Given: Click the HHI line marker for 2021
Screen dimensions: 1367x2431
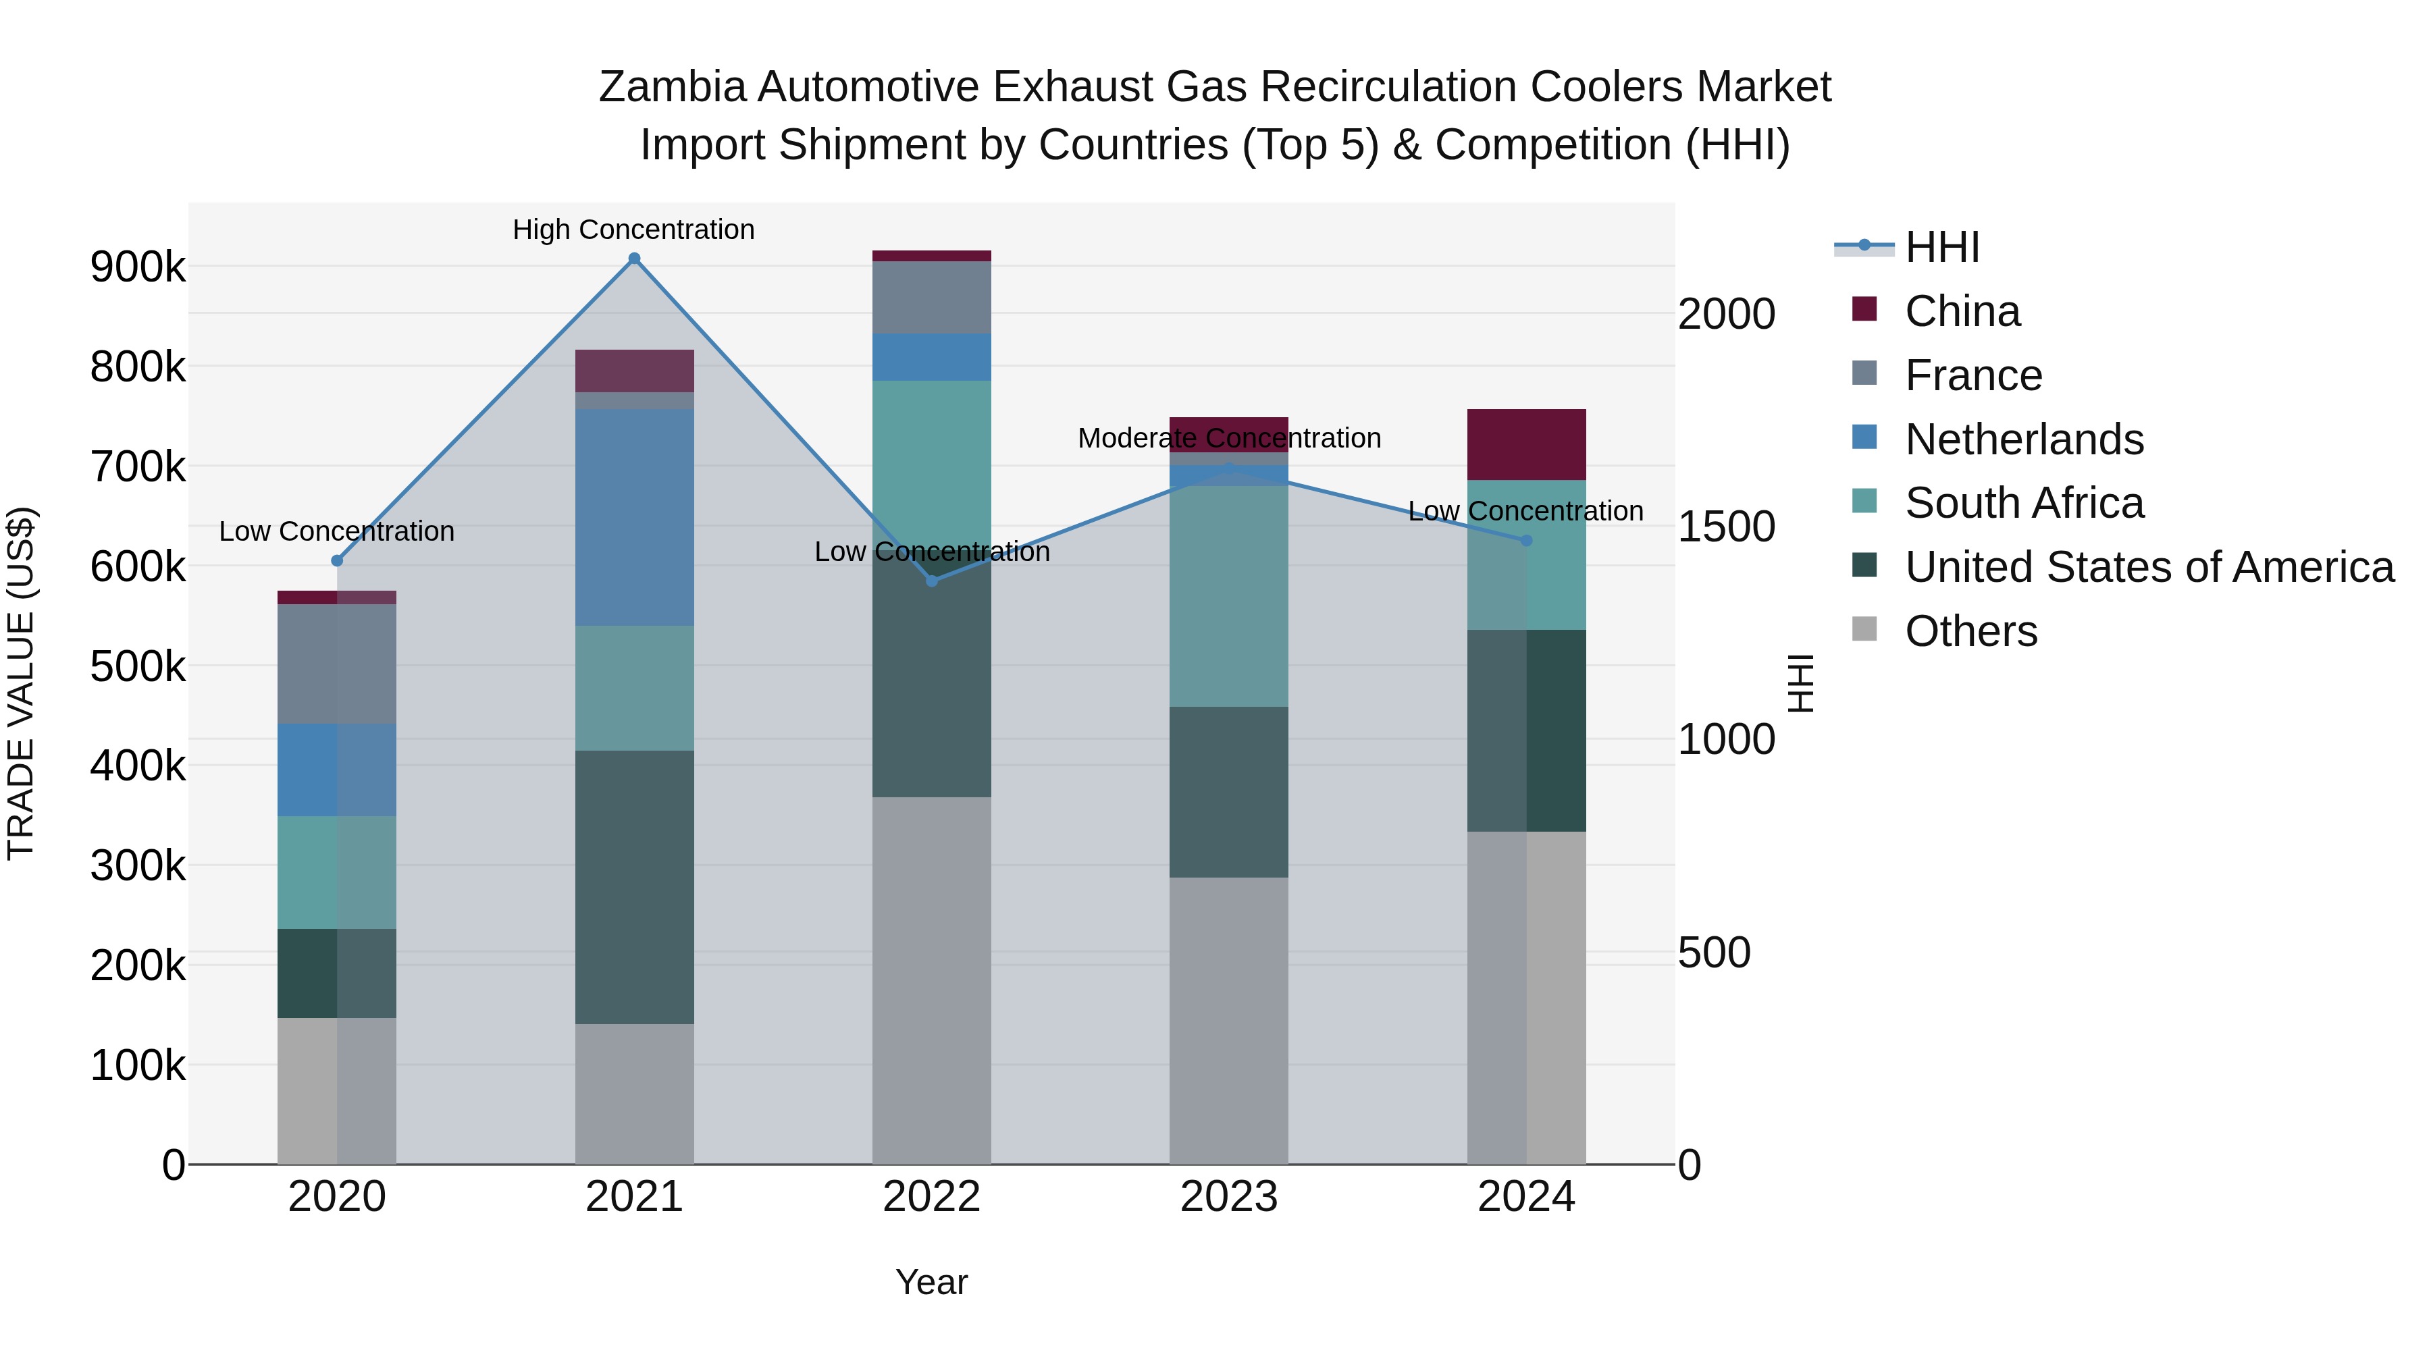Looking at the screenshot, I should (x=634, y=259).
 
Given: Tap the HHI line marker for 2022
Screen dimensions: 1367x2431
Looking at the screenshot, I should (x=931, y=580).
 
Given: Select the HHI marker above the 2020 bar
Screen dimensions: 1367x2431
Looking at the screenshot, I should (x=337, y=560).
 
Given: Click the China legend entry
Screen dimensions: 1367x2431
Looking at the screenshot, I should (x=1962, y=311).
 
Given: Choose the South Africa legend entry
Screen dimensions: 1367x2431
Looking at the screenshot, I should (x=2023, y=503).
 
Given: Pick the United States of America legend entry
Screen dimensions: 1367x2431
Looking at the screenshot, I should (x=2148, y=567).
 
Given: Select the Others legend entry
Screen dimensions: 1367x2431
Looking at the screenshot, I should (x=1970, y=631).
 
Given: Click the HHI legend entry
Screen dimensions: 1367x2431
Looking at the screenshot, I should (x=1942, y=247).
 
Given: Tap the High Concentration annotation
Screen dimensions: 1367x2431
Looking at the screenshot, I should (x=633, y=230).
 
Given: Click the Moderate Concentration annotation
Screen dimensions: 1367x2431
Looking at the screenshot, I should (x=1229, y=437).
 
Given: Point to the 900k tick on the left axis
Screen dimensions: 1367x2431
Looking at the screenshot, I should (x=138, y=267).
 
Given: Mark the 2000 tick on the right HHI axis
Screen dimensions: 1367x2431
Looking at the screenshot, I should (x=1726, y=314).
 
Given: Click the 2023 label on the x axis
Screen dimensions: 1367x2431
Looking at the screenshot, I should (x=1229, y=1197).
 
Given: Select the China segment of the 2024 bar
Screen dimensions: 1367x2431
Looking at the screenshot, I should (x=1526, y=444).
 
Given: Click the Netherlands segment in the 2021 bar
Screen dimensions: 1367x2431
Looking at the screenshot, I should (x=634, y=517).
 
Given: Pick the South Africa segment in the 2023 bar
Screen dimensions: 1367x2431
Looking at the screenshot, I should (x=1229, y=596).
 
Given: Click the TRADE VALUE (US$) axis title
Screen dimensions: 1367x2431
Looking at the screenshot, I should (x=21, y=683).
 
